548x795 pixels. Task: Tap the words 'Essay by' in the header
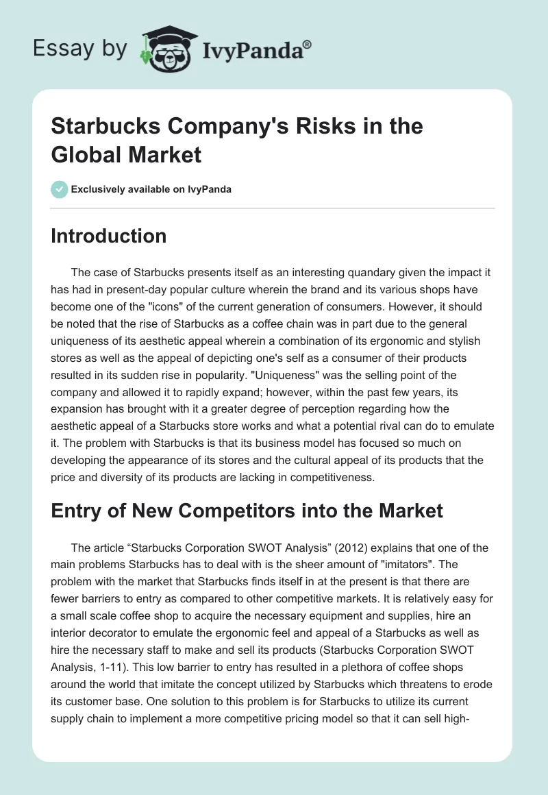pyautogui.click(x=80, y=49)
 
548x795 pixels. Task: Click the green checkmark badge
pyautogui.click(x=60, y=189)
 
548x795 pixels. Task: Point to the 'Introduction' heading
pyautogui.click(x=109, y=236)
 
